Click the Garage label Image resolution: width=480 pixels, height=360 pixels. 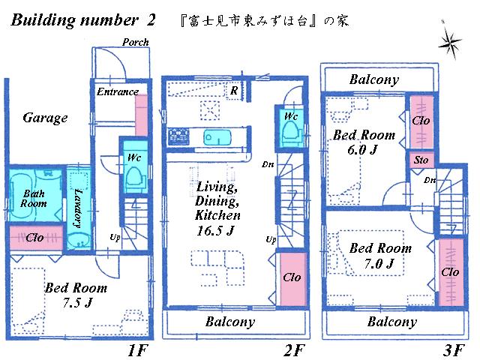45,118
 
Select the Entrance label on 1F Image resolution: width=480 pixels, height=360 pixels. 118,91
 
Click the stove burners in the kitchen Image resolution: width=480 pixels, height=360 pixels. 180,136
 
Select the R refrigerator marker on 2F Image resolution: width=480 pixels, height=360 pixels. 235,91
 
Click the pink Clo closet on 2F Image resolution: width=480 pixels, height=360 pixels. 292,277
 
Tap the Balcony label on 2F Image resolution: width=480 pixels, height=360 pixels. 229,322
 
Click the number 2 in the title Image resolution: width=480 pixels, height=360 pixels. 151,20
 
